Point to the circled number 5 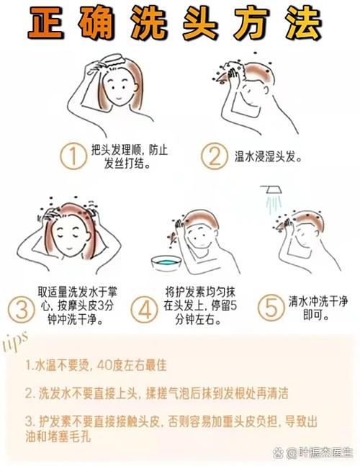271,308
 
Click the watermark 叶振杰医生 320,452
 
